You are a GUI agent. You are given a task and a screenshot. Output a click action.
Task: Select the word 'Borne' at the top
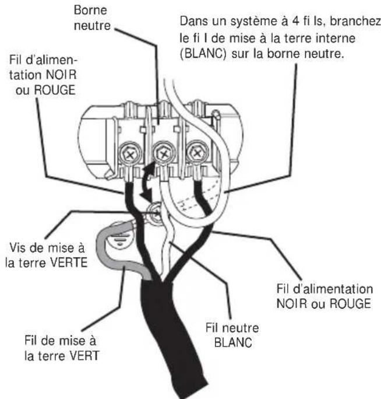[91, 10]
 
